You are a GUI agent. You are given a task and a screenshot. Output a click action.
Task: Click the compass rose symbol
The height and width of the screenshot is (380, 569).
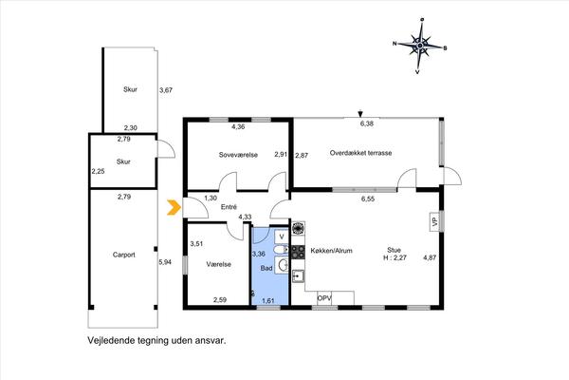418,44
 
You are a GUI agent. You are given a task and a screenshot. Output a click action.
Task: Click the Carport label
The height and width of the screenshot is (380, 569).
123,255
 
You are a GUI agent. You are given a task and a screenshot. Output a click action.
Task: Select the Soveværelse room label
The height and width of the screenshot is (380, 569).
238,154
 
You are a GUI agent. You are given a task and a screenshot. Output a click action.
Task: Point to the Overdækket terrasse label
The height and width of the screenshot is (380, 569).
361,152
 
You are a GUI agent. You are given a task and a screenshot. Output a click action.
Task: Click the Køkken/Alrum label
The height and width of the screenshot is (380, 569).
332,251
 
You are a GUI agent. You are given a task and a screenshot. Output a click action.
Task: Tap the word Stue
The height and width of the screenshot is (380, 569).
394,249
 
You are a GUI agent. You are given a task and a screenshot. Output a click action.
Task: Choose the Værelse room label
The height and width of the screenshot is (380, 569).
219,264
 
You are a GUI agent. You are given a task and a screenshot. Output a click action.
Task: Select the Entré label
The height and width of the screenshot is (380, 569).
229,207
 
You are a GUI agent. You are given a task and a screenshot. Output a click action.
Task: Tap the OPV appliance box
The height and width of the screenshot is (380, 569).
324,298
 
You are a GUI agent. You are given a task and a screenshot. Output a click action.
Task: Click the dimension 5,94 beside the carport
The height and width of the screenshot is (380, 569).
165,262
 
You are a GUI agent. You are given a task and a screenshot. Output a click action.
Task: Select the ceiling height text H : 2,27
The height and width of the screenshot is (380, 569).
395,258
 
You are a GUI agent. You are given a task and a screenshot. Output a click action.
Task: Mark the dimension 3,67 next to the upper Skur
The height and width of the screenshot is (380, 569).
166,90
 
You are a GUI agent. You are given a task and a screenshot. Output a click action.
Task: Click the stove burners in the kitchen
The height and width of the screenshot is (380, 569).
297,252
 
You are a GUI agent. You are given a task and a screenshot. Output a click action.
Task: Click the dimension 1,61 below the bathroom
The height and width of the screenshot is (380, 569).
268,301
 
